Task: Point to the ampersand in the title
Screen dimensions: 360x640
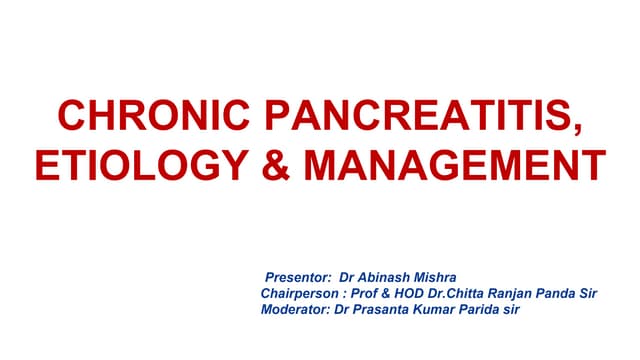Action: click(x=275, y=163)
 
